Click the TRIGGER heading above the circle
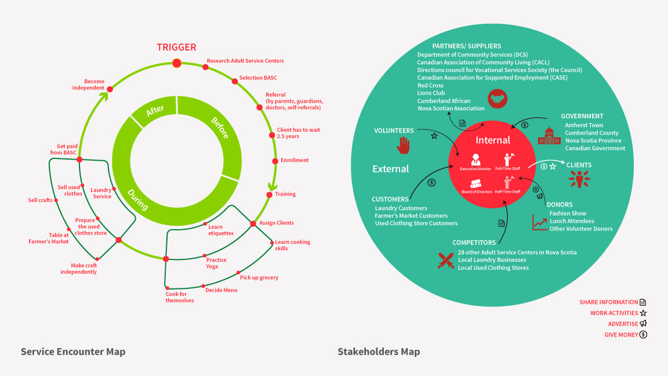176,47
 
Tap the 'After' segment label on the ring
155,111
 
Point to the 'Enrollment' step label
295,160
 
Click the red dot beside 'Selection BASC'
235,81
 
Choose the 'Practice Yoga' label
216,263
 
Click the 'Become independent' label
93,84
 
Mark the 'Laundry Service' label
101,193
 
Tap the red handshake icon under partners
497,98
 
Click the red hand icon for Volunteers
403,145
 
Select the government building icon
549,136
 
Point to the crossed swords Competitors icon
445,261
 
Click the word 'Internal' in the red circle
493,140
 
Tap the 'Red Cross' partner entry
430,85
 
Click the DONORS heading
560,204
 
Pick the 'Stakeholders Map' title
379,352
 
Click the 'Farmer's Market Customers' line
411,216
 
